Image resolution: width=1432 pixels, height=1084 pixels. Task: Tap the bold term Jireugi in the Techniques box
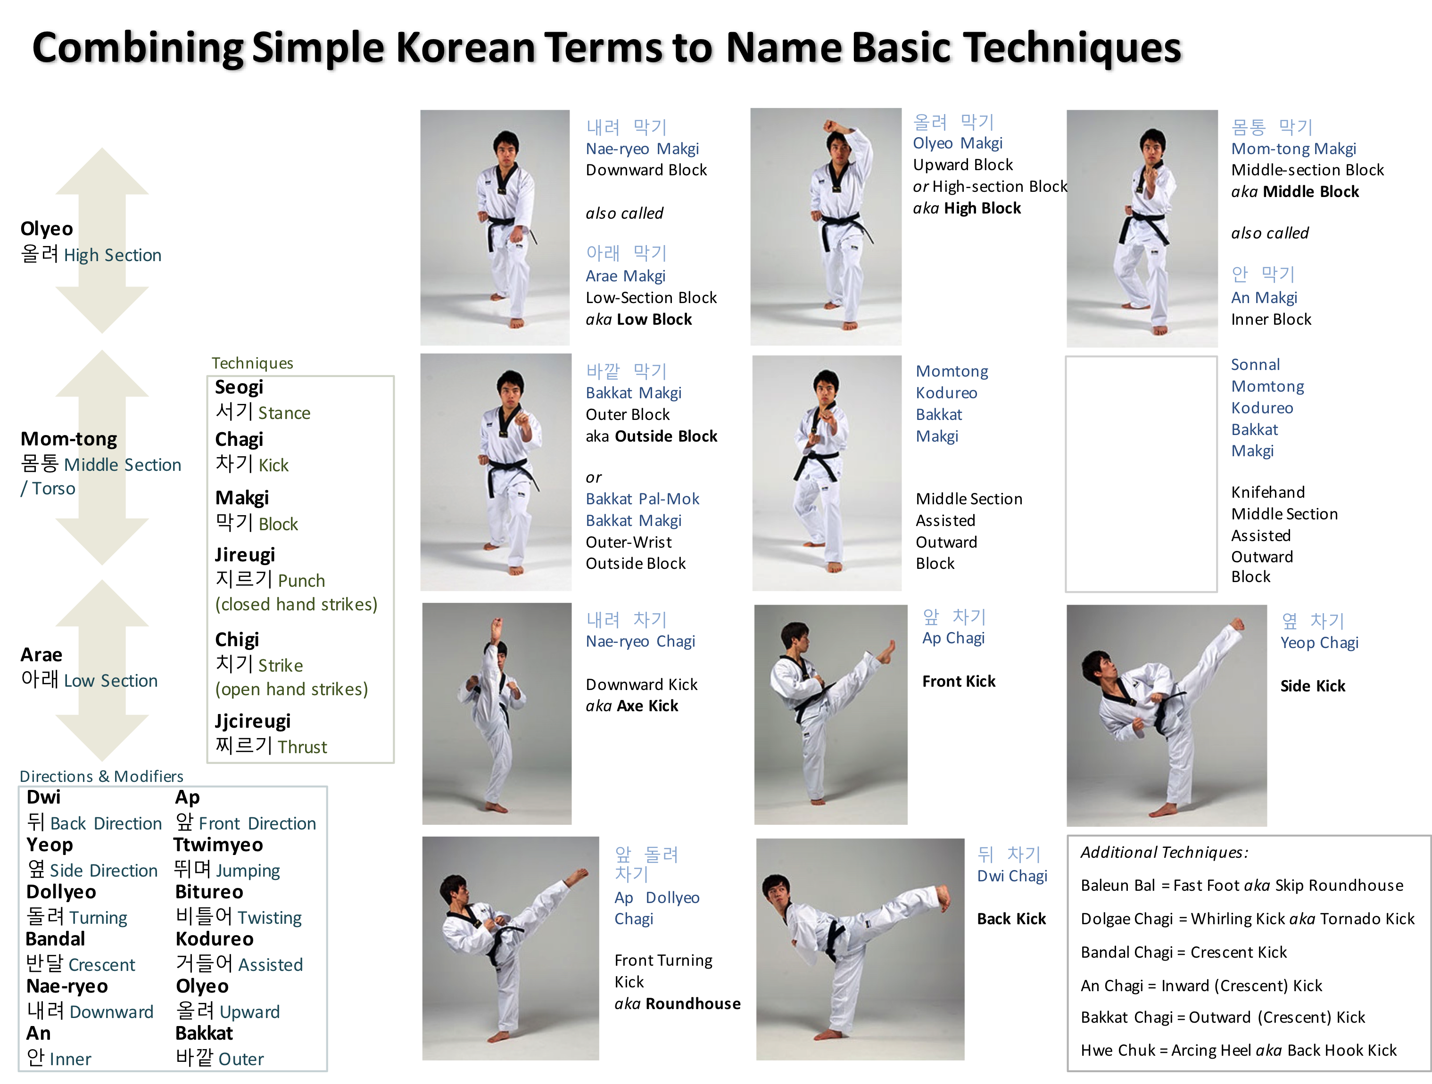point(245,555)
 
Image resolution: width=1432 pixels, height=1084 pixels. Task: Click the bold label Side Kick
point(1312,686)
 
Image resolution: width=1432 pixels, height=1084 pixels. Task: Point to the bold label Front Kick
point(959,682)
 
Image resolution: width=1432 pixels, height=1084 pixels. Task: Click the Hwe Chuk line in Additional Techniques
point(1238,1051)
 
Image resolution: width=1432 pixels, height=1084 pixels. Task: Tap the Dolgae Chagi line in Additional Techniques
point(1248,919)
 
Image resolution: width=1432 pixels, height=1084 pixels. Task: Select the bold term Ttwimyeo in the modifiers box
point(219,845)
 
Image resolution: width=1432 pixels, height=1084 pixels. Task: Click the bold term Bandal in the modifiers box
point(56,939)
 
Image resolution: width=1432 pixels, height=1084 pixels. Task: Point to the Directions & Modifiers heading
point(102,777)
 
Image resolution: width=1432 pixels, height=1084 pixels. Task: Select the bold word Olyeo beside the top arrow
point(47,229)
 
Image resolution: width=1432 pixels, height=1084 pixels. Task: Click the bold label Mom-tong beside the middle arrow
point(69,439)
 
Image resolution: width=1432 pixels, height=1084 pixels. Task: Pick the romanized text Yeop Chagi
point(1319,643)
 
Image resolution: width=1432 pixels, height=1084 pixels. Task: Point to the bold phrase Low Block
point(654,320)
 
